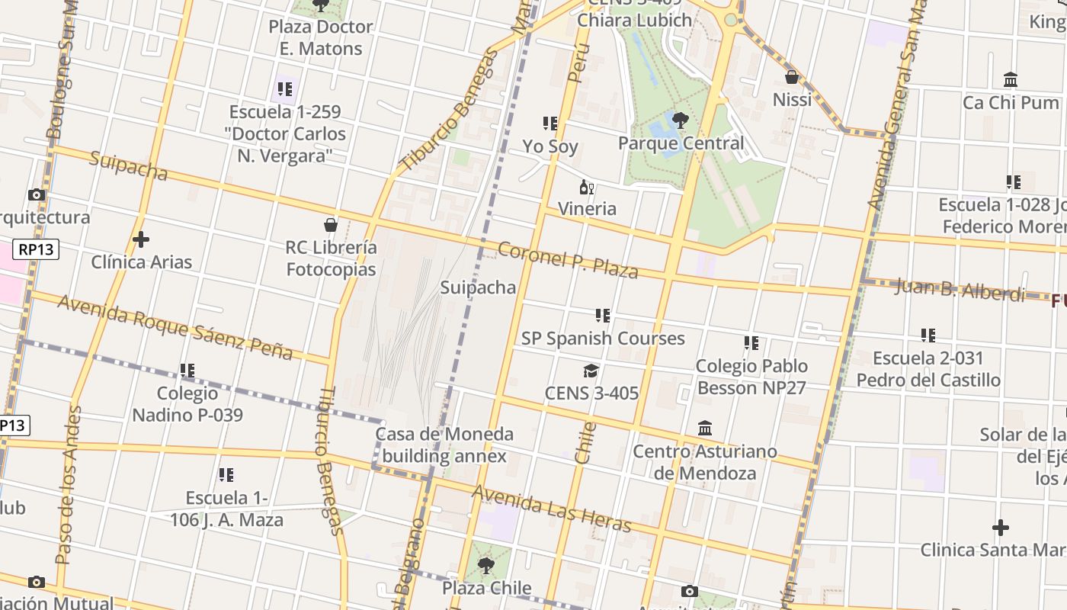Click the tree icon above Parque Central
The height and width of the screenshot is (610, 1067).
coord(681,120)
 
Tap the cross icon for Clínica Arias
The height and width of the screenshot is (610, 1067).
coord(141,239)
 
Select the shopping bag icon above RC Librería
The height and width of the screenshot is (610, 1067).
coord(331,225)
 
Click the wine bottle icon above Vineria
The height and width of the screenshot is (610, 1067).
coord(586,187)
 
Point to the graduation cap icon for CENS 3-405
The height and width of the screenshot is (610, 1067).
coord(591,371)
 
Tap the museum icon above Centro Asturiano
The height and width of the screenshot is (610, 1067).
coord(705,429)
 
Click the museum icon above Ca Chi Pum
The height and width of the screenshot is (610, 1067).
coord(1011,79)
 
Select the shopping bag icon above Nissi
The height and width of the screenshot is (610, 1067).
coord(792,77)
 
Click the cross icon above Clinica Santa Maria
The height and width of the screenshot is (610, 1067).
coord(1001,528)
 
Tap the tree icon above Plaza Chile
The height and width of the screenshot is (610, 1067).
coord(485,566)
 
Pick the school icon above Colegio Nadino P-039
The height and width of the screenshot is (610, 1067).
coord(187,371)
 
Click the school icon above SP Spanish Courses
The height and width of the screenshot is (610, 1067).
coord(603,315)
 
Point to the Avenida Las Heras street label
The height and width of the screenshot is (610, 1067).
coord(551,509)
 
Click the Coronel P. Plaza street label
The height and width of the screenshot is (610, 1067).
coord(568,260)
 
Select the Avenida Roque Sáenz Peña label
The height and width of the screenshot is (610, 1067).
coord(175,327)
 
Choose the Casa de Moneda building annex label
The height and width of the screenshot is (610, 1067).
coord(444,445)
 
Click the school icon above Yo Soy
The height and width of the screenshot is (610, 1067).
coord(550,124)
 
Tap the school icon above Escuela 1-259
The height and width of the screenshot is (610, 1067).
coord(285,89)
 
